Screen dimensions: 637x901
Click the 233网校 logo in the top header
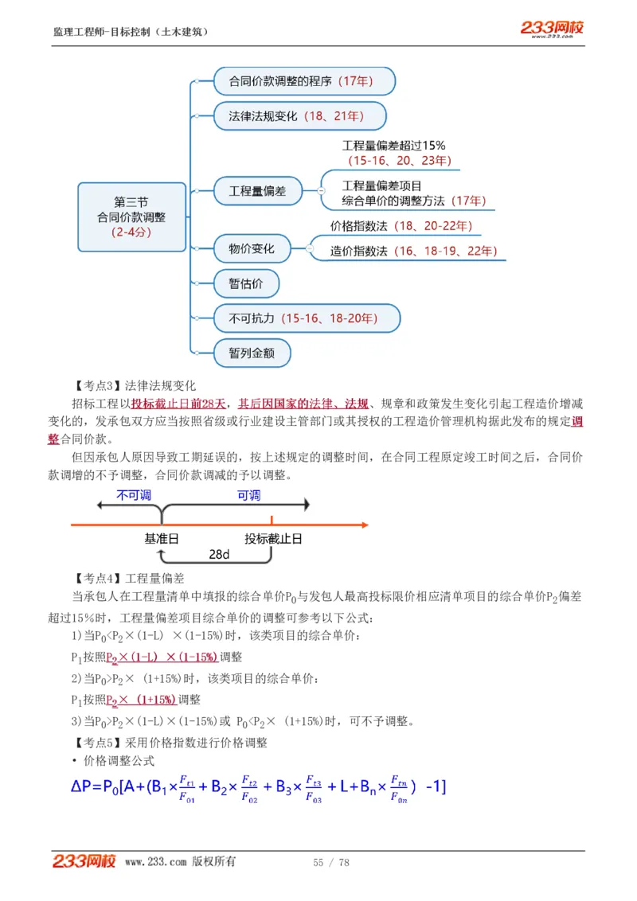pyautogui.click(x=552, y=29)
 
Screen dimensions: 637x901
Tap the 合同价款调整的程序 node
pyautogui.click(x=304, y=80)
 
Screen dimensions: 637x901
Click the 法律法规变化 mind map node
pyautogui.click(x=299, y=116)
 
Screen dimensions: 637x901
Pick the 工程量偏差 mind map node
pyautogui.click(x=258, y=191)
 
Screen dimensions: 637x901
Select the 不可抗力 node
pyautogui.click(x=307, y=318)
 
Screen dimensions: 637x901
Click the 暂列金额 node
pyautogui.click(x=252, y=353)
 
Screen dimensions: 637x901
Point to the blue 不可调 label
pyautogui.click(x=134, y=495)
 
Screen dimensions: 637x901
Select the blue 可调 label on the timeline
pyautogui.click(x=248, y=495)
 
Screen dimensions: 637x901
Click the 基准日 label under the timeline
pyautogui.click(x=162, y=539)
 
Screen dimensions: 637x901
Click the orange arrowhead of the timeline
pyautogui.click(x=363, y=525)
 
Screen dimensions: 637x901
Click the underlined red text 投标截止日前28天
pyautogui.click(x=179, y=404)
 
